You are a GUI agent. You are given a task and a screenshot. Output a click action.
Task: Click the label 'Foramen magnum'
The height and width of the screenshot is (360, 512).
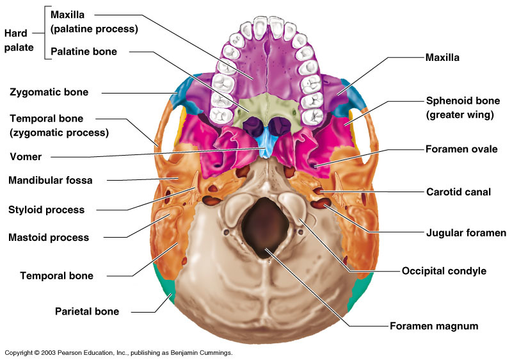(434, 326)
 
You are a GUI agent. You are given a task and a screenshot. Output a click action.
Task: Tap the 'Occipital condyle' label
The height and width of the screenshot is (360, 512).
(444, 271)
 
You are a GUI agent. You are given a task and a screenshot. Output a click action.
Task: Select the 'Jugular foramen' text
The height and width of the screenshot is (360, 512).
(466, 233)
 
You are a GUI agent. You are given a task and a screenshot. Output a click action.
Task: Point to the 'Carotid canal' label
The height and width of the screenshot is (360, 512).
(458, 192)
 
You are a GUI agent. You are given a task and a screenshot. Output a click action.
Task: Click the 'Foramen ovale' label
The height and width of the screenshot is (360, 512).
(461, 149)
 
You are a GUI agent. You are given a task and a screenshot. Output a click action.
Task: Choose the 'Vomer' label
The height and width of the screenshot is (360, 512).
(26, 156)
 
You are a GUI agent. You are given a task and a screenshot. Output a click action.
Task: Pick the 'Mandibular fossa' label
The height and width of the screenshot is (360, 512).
(51, 181)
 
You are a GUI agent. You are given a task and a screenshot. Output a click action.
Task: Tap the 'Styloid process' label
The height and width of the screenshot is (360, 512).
(46, 209)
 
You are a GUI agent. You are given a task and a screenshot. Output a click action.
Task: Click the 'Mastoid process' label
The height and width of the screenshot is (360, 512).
(49, 238)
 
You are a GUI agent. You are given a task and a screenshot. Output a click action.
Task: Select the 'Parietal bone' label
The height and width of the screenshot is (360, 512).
(86, 312)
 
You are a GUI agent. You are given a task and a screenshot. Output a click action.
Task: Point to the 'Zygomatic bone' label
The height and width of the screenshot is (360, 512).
(49, 92)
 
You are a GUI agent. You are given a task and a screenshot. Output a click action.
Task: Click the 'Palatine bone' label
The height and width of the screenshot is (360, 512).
(83, 51)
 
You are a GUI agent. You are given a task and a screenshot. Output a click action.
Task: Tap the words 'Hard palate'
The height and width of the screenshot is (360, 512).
(19, 40)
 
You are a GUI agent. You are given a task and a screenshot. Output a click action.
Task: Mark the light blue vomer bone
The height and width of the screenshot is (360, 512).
(264, 146)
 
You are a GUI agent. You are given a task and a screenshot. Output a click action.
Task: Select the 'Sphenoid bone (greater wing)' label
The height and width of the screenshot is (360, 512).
(463, 108)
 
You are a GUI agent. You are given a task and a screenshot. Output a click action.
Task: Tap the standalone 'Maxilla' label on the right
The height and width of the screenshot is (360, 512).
(443, 58)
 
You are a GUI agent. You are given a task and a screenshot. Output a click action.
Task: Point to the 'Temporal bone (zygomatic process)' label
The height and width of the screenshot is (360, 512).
(59, 126)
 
